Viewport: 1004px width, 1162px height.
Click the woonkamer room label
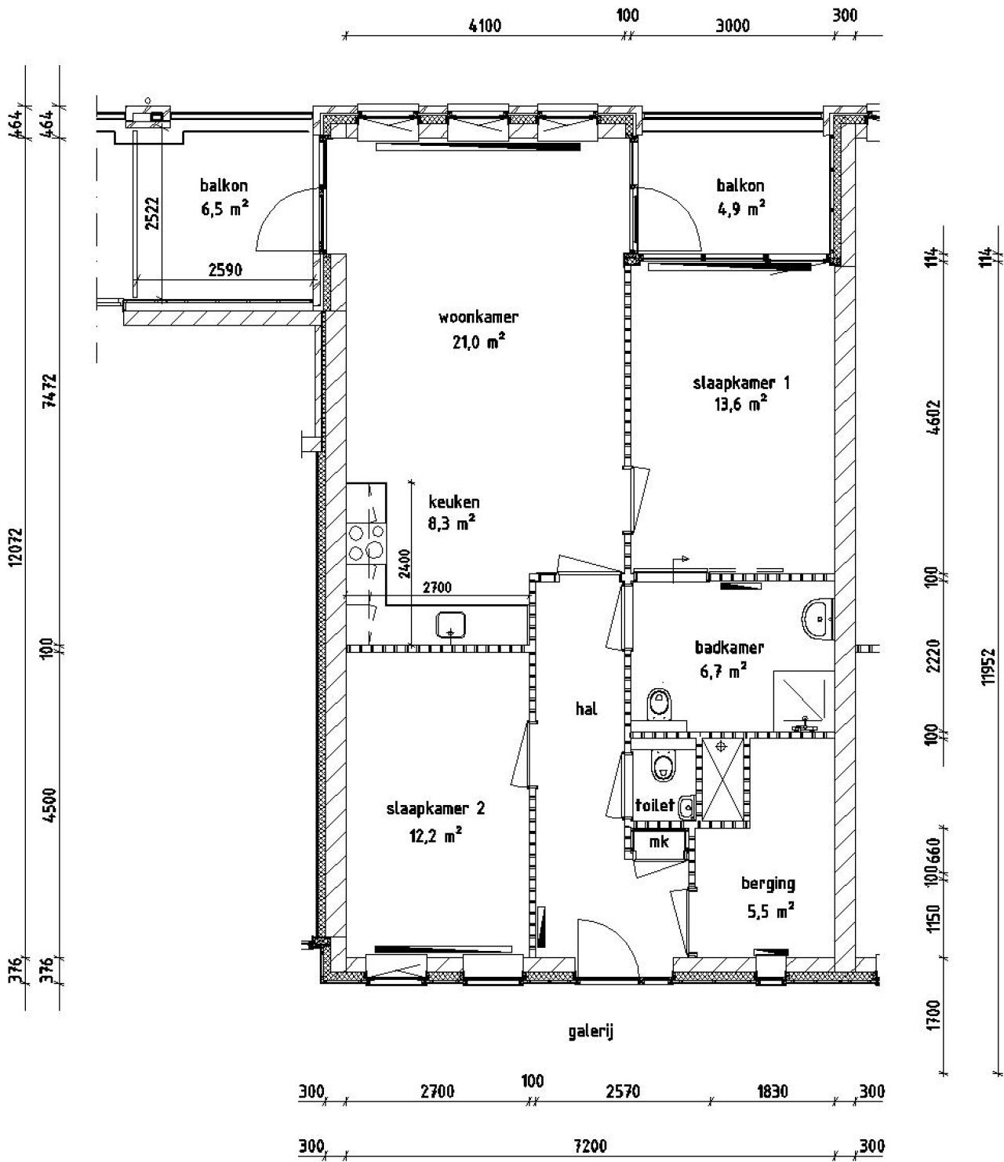point(478,318)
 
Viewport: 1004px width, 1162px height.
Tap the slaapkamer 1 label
point(740,383)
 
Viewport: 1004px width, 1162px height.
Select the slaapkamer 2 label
point(435,809)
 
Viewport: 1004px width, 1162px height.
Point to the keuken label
point(453,502)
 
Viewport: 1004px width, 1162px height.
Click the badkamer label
point(729,647)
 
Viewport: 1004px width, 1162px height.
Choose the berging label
point(768,884)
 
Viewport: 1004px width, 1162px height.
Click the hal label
point(586,708)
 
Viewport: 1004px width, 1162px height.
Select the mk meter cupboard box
point(659,842)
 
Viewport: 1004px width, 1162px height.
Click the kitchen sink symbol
point(452,625)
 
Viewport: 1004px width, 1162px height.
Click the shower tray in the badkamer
point(802,700)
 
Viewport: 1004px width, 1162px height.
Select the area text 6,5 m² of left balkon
point(224,209)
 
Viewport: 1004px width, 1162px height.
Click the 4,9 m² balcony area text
point(740,209)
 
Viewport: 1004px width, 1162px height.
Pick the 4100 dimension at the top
point(484,25)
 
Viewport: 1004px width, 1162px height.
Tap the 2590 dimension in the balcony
point(224,271)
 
